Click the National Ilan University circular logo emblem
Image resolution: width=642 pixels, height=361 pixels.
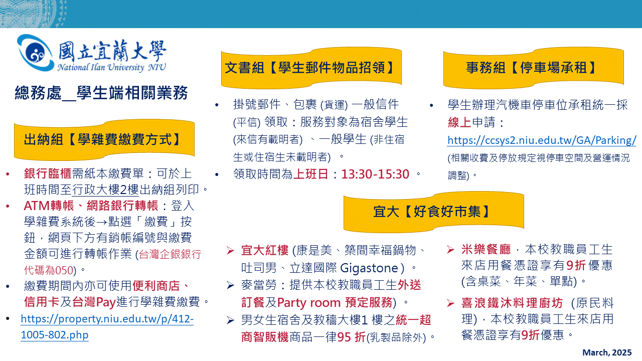coord(35,53)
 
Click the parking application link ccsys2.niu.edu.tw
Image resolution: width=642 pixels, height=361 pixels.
coord(542,140)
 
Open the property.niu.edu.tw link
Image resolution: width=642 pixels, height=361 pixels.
coord(107,327)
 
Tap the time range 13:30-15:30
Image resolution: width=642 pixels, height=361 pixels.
coord(375,174)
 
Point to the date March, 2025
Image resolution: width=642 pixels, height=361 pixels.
coord(607,352)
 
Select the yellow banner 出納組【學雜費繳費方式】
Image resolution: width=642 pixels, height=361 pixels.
coord(104,140)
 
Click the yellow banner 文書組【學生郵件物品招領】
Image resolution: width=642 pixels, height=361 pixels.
coord(311,68)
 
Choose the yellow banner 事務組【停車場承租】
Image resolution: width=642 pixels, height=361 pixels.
coord(533,68)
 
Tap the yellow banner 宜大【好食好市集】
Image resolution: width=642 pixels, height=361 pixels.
coord(434,212)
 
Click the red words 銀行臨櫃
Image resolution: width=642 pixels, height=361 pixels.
coord(48,173)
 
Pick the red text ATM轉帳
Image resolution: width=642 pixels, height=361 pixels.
coord(49,206)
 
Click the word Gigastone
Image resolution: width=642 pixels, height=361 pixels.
coord(370,268)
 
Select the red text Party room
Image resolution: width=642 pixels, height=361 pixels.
coord(308,302)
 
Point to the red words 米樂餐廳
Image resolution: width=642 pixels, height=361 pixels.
coord(486,250)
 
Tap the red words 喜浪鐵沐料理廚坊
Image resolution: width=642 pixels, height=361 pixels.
coord(512,303)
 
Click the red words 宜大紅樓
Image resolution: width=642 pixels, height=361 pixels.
coord(265,250)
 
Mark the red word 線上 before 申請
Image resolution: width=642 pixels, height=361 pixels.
coord(459,122)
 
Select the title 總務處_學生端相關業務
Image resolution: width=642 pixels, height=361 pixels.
coord(101,93)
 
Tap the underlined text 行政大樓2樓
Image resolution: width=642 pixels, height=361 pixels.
coord(105,190)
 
